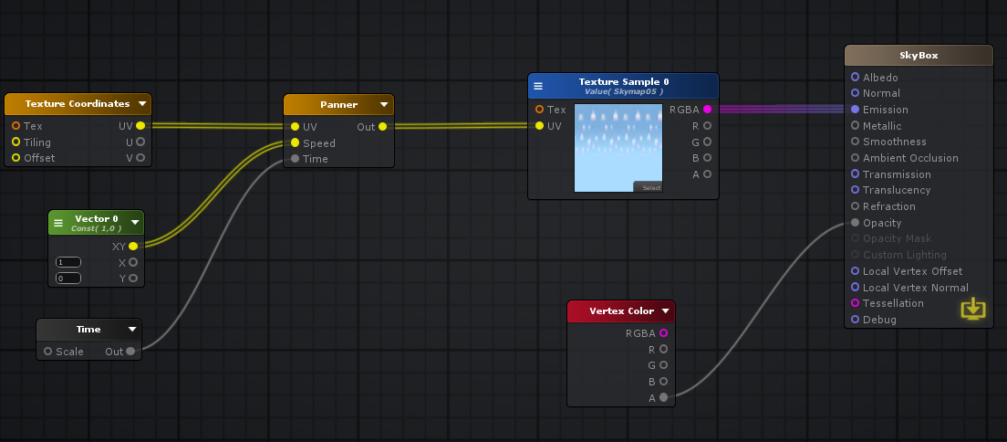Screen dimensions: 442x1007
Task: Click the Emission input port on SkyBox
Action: pyautogui.click(x=855, y=110)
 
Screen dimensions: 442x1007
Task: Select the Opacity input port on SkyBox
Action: pyautogui.click(x=855, y=223)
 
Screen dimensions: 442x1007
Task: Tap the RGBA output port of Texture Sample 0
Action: pyautogui.click(x=707, y=110)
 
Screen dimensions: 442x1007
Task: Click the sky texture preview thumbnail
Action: pyautogui.click(x=618, y=147)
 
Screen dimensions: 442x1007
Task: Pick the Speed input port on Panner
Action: pyautogui.click(x=295, y=143)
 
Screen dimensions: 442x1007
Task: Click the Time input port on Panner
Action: pyautogui.click(x=295, y=159)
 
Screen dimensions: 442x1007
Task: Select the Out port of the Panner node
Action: pyautogui.click(x=382, y=127)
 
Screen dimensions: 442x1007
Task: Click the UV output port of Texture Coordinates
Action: pyautogui.click(x=140, y=126)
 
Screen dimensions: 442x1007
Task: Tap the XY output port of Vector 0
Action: pyautogui.click(x=133, y=247)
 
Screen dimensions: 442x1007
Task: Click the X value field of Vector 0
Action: pyautogui.click(x=68, y=262)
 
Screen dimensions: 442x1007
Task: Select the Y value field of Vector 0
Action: pyautogui.click(x=68, y=278)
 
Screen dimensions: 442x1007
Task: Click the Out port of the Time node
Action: pyautogui.click(x=130, y=352)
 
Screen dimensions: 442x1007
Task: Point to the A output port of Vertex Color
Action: pyautogui.click(x=663, y=397)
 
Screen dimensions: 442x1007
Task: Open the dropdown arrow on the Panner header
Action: pyautogui.click(x=384, y=104)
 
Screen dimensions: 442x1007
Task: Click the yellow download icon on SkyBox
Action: pyautogui.click(x=973, y=309)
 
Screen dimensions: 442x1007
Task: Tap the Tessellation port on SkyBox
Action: pyautogui.click(x=855, y=303)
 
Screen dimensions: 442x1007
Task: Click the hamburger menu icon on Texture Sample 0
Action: pyautogui.click(x=538, y=86)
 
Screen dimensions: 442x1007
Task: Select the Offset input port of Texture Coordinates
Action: pyautogui.click(x=16, y=158)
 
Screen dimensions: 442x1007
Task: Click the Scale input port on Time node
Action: pyautogui.click(x=47, y=352)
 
